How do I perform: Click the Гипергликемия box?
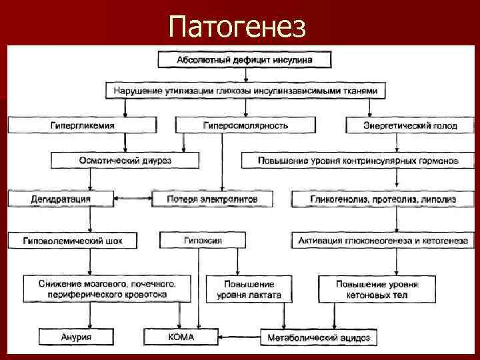point(82,125)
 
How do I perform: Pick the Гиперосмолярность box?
point(245,125)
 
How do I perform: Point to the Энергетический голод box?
point(410,125)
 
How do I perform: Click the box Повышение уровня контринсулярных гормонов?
point(359,161)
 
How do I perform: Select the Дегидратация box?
point(61,199)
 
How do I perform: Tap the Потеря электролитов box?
point(204,199)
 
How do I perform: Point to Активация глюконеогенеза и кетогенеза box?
point(383,240)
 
